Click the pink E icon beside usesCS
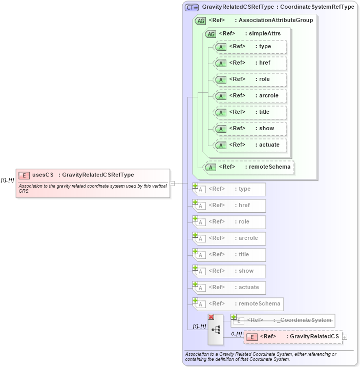tap(24, 175)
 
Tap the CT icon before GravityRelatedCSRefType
tap(192, 8)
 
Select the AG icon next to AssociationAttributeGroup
tap(201, 21)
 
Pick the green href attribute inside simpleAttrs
tap(250, 63)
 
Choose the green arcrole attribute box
tap(250, 96)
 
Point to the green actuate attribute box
tap(250, 145)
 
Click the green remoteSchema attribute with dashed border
tap(250, 167)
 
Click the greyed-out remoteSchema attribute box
tap(239, 304)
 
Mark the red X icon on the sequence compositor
tap(210, 317)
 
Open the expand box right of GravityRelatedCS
tap(345, 337)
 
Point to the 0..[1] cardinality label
tap(236, 334)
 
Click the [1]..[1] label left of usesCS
tap(7, 180)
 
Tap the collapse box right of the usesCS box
tap(173, 183)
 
